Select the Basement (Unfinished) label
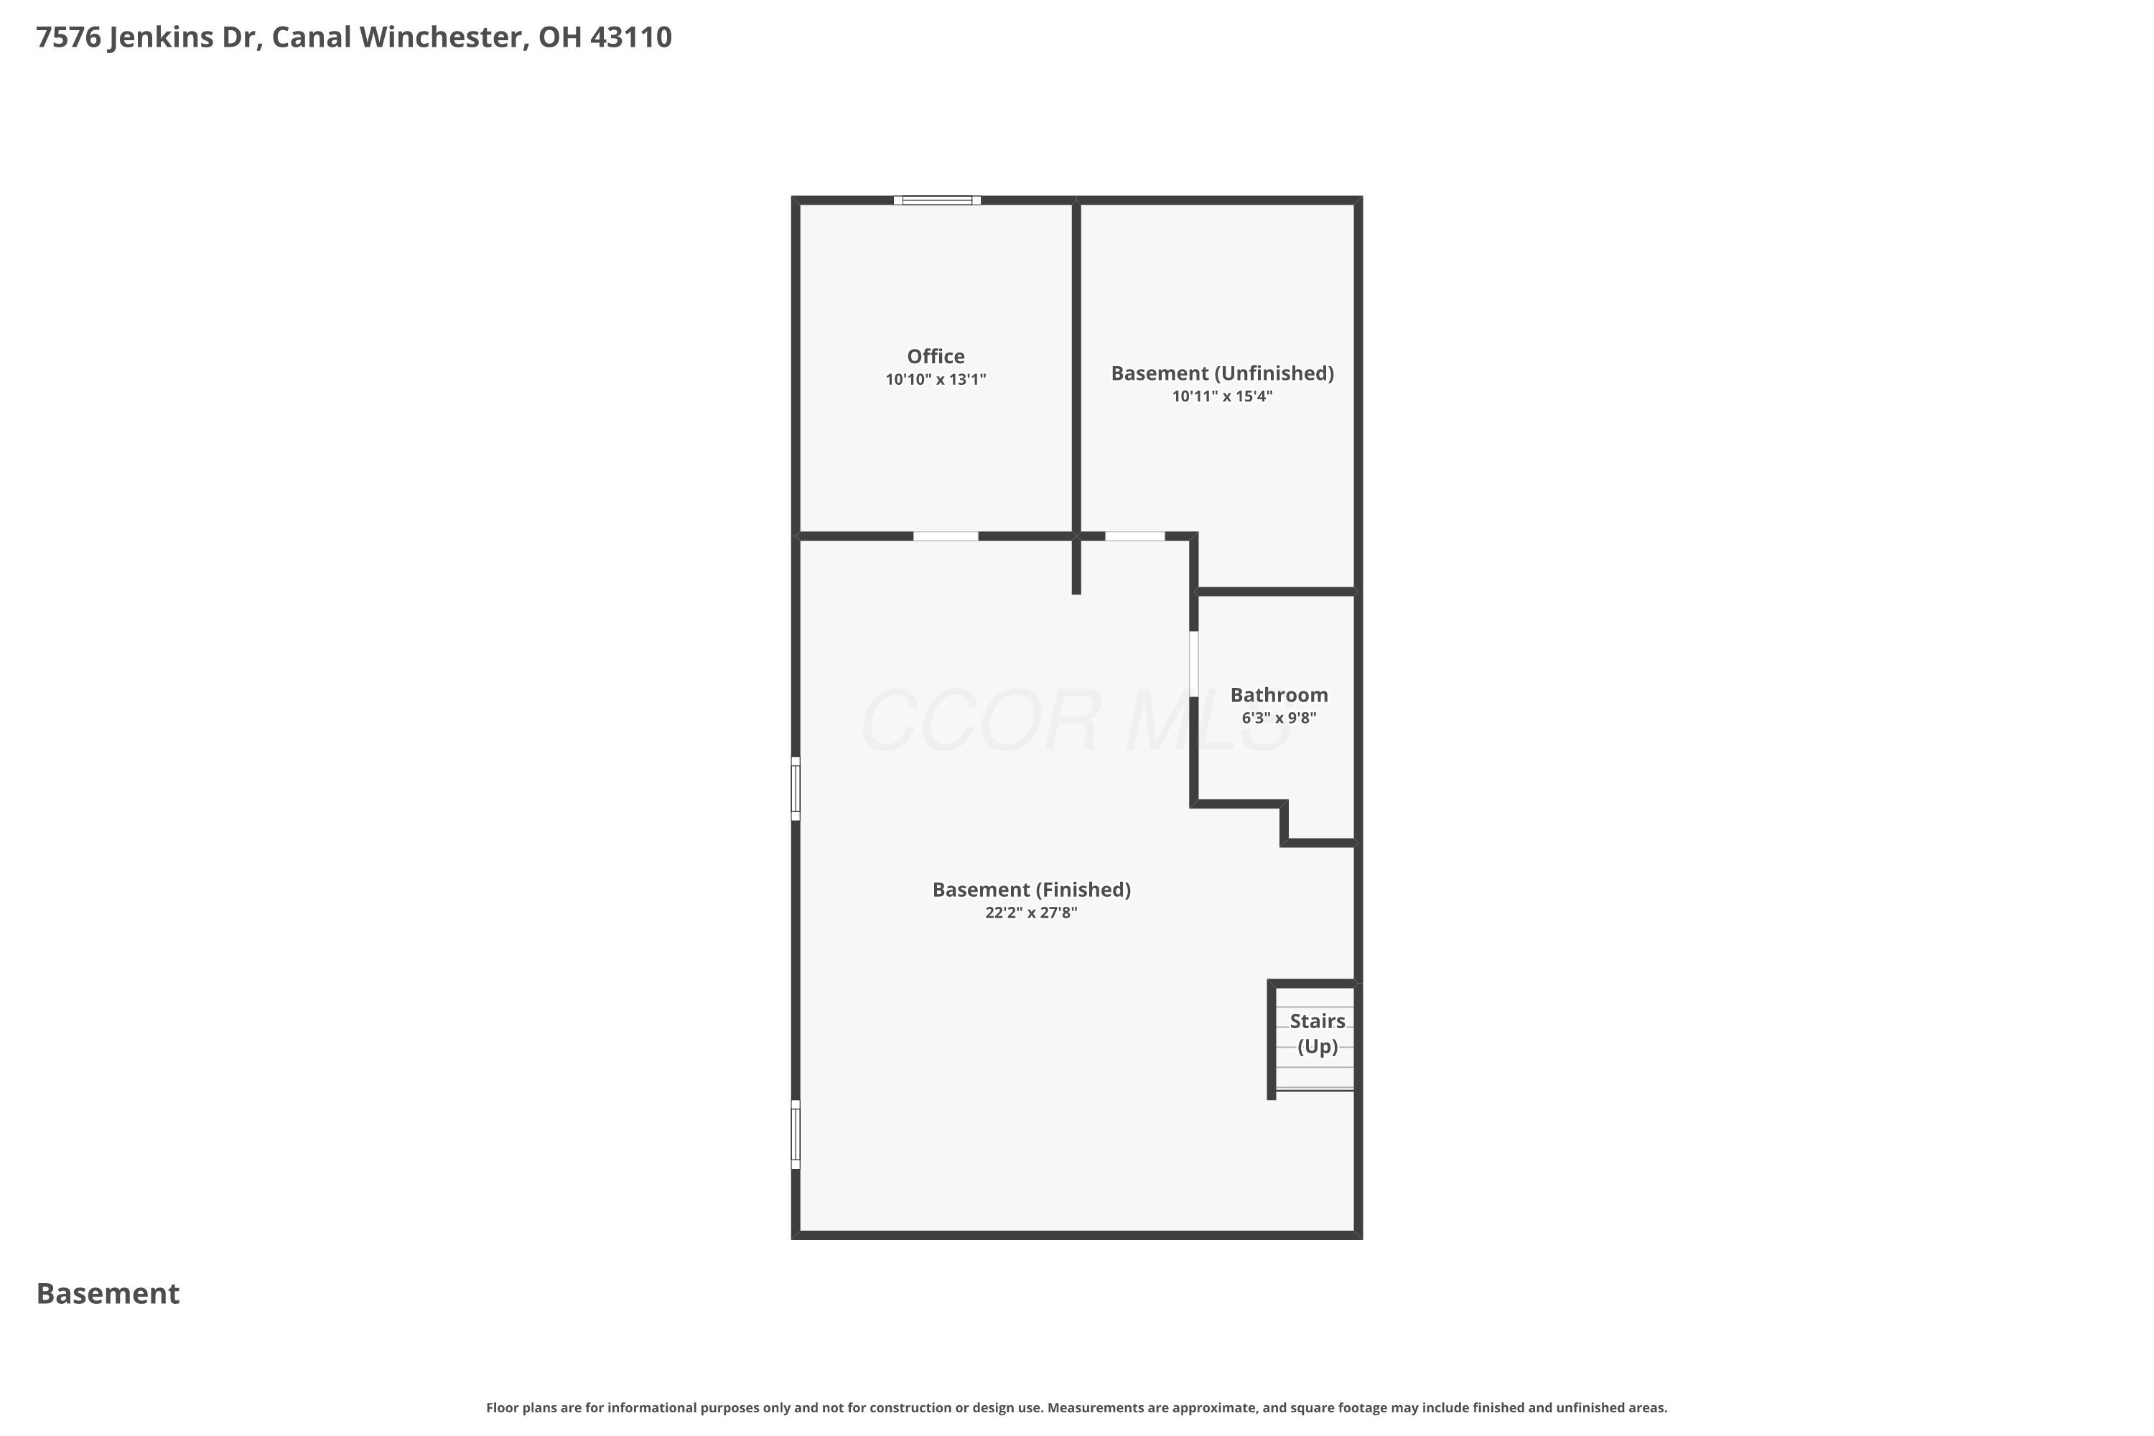coord(1222,373)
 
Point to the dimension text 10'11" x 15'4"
coord(1222,396)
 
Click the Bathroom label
coord(1279,695)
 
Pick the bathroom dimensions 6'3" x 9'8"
coord(1279,718)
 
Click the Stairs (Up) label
coord(1317,1034)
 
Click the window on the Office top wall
coord(937,200)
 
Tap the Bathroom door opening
coord(1193,664)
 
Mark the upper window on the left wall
coord(796,788)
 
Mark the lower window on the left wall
coord(796,1134)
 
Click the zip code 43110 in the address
coord(631,37)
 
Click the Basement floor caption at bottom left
coord(108,1294)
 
